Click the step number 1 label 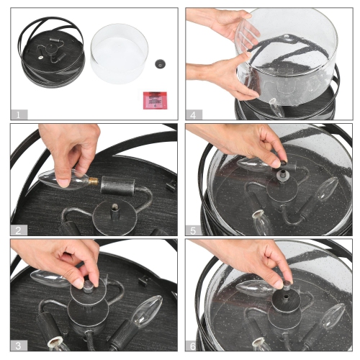pyautogui.click(x=19, y=114)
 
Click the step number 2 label pyautogui.click(x=19, y=230)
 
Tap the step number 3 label pyautogui.click(x=19, y=346)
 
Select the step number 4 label pyautogui.click(x=194, y=114)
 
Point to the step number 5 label pyautogui.click(x=194, y=230)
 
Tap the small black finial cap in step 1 pyautogui.click(x=160, y=63)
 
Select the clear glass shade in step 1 pyautogui.click(x=120, y=54)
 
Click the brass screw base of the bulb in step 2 pyautogui.click(x=94, y=181)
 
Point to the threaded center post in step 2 pyautogui.click(x=114, y=212)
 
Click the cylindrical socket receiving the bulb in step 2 pyautogui.click(x=118, y=185)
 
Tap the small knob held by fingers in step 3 pyautogui.click(x=89, y=286)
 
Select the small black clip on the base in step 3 pyautogui.click(x=144, y=280)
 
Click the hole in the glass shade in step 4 pyautogui.click(x=287, y=36)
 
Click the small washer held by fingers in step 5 pyautogui.click(x=283, y=164)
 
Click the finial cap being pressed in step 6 pyautogui.click(x=287, y=286)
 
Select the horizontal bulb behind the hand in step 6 pyautogui.click(x=255, y=288)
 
